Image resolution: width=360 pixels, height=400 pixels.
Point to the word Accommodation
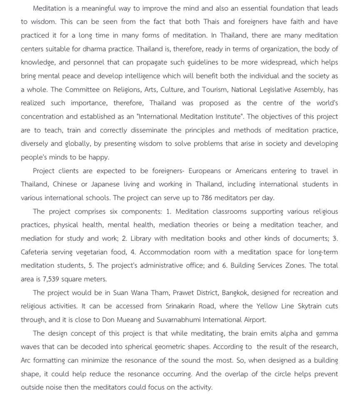tap(165, 252)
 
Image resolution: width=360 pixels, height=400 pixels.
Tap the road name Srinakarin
tap(180, 306)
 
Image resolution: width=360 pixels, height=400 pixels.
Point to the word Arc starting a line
tap(26, 360)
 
